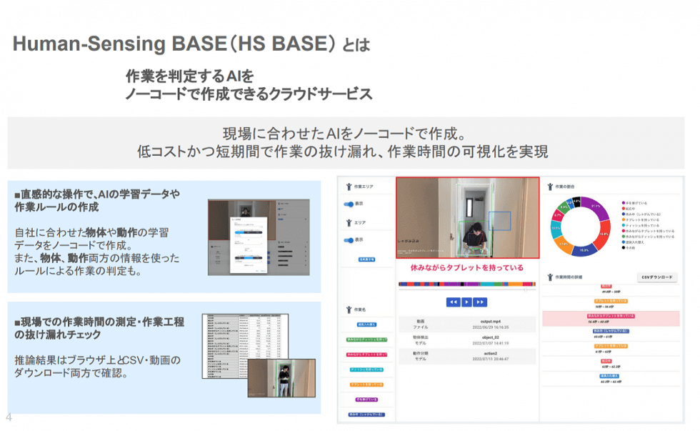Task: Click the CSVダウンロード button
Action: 656,277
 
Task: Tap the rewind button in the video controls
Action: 453,302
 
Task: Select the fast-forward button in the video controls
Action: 480,302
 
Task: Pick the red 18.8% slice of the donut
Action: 604,233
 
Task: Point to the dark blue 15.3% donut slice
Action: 584,250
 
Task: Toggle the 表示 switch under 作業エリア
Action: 350,203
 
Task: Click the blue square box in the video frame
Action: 499,224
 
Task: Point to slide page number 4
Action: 9,417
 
